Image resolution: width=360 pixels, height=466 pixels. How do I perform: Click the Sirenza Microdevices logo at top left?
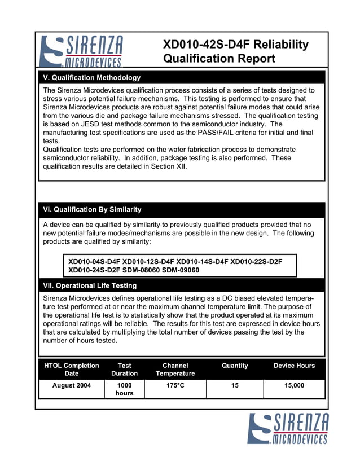pyautogui.click(x=81, y=51)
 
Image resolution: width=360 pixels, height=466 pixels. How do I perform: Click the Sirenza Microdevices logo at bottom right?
pyautogui.click(x=288, y=428)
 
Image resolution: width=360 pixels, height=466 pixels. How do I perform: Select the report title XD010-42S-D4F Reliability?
pyautogui.click(x=235, y=45)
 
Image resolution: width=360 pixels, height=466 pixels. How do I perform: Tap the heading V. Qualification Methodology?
pyautogui.click(x=92, y=77)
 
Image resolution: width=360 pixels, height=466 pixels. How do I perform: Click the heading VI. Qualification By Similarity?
pyautogui.click(x=92, y=209)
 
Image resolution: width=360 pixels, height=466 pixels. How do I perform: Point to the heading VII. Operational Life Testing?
pyautogui.click(x=90, y=285)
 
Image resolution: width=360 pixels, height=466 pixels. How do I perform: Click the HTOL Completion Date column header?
pyautogui.click(x=72, y=369)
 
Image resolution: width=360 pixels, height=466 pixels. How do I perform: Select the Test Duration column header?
pyautogui.click(x=124, y=369)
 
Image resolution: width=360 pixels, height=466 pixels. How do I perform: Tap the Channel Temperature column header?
pyautogui.click(x=175, y=369)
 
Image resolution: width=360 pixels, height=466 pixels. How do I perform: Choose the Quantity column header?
pyautogui.click(x=235, y=366)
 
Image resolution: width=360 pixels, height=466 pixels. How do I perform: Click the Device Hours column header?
pyautogui.click(x=294, y=366)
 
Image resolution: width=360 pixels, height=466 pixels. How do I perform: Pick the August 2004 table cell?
pyautogui.click(x=72, y=385)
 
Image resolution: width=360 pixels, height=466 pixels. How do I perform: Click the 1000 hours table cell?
pyautogui.click(x=124, y=389)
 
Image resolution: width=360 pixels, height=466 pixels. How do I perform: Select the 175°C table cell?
pyautogui.click(x=175, y=385)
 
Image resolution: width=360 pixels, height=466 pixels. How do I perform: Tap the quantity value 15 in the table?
pyautogui.click(x=235, y=385)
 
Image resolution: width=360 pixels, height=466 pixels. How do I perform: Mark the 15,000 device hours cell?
pyautogui.click(x=294, y=385)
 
